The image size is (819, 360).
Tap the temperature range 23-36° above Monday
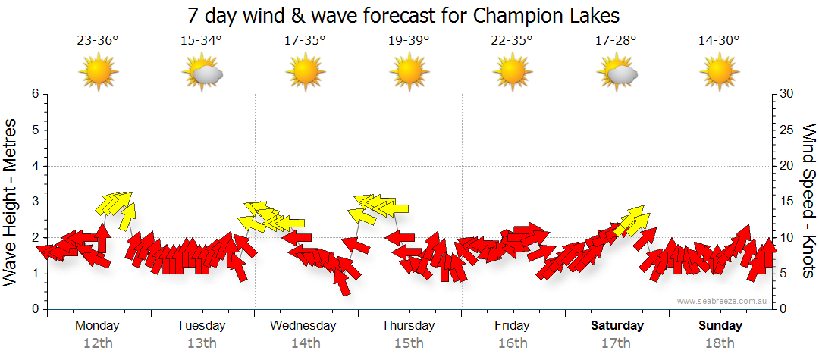coord(98,41)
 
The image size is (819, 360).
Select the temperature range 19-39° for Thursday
coord(409,41)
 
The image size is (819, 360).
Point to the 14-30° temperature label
coord(719,41)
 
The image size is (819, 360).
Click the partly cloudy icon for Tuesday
coord(202,73)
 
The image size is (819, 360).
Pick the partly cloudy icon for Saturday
coord(617,73)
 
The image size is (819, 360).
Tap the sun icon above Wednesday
coord(305,73)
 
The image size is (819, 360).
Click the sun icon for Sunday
coord(719,73)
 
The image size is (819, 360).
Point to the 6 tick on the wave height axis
coord(34,94)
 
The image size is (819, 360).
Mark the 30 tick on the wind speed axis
coord(788,94)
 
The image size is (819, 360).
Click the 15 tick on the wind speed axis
coord(787,202)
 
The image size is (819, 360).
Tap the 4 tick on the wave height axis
coord(34,166)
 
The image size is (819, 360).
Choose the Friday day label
coord(513,326)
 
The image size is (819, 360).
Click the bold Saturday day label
coord(617,326)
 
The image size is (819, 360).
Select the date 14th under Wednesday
coord(305,343)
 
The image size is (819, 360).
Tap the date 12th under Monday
coord(98,343)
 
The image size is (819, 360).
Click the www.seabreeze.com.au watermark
coord(723,301)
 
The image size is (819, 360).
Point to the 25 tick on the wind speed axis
coord(788,130)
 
